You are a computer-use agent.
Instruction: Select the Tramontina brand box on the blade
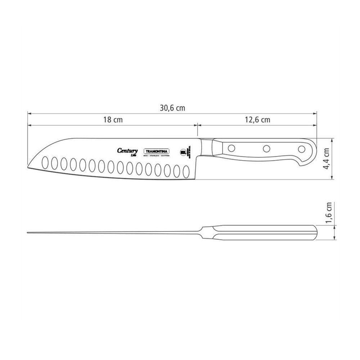pos(157,152)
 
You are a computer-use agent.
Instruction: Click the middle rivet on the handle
pos(267,148)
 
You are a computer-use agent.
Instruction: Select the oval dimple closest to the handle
pos(186,171)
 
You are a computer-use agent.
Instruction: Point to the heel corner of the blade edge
pos(197,177)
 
